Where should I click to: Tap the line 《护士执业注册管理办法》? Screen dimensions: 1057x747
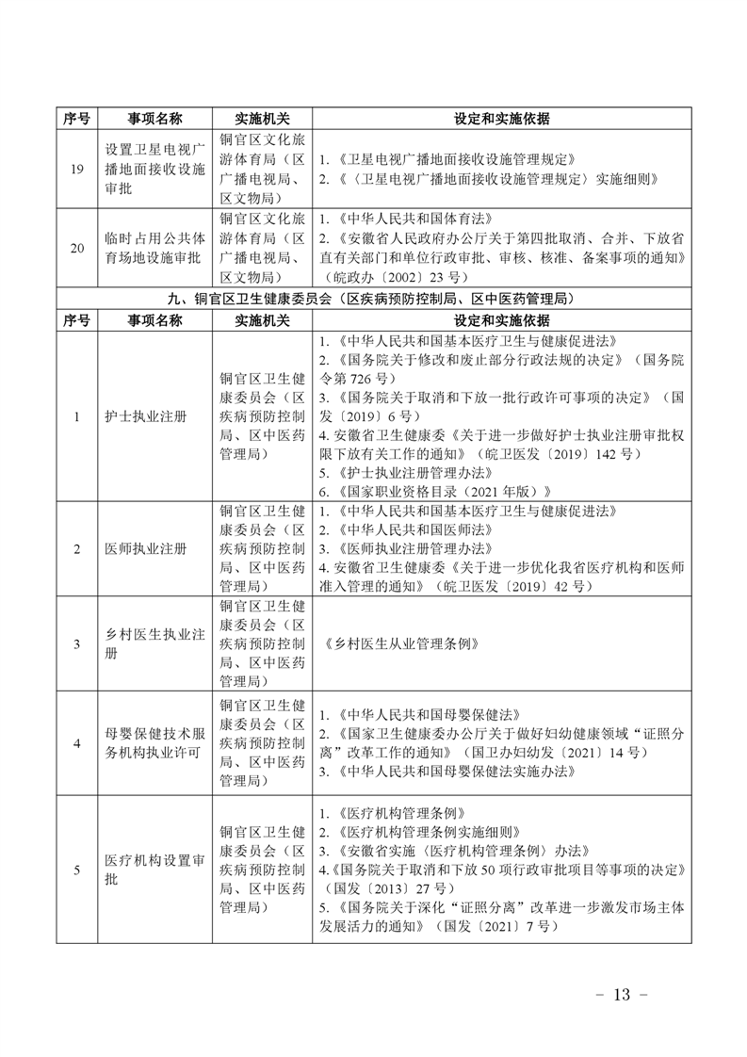tap(410, 472)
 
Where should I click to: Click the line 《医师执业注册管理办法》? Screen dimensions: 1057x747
tap(410, 547)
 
